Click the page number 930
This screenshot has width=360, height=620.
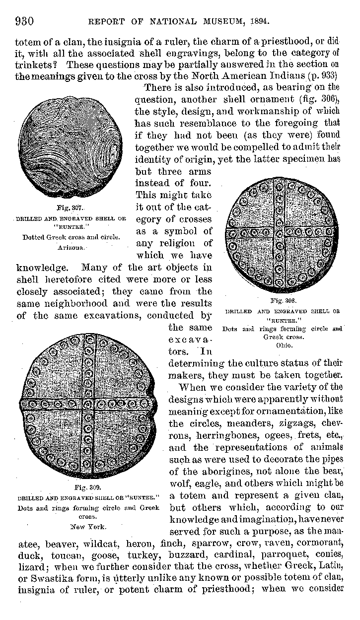pyautogui.click(x=24, y=21)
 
